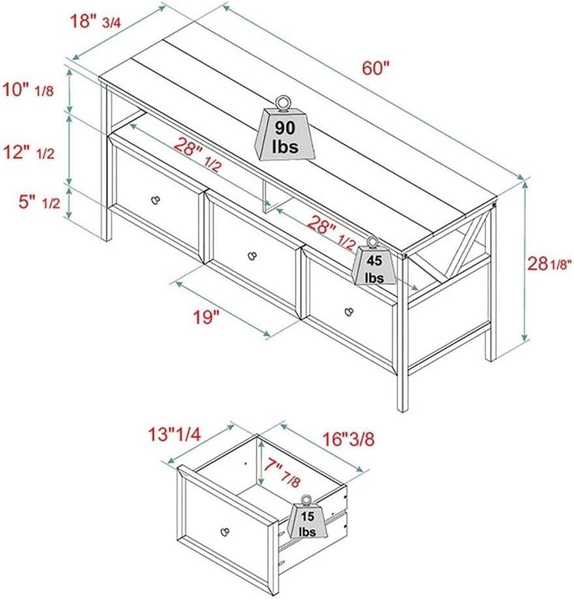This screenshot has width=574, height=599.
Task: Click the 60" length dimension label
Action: pyautogui.click(x=375, y=68)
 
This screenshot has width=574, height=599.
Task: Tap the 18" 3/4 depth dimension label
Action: pyautogui.click(x=96, y=21)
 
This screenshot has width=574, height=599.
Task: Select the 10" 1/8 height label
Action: pyautogui.click(x=28, y=91)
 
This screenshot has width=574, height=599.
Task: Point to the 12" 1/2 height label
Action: pyautogui.click(x=29, y=153)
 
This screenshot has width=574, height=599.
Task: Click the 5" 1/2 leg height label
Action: pyautogui.click(x=39, y=202)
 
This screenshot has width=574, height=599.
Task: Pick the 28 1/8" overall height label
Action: pyautogui.click(x=549, y=264)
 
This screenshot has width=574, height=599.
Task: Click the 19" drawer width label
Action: pyautogui.click(x=207, y=317)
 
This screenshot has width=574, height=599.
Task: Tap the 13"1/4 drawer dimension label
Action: pyautogui.click(x=175, y=435)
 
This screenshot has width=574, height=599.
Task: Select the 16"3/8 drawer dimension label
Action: pyautogui.click(x=348, y=439)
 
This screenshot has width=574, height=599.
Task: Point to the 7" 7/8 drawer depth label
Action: pyautogui.click(x=281, y=473)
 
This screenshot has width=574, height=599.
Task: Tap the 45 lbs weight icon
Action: pyautogui.click(x=374, y=261)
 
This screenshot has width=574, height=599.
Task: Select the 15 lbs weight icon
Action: pyautogui.click(x=307, y=516)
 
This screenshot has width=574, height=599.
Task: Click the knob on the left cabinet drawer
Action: pyautogui.click(x=156, y=199)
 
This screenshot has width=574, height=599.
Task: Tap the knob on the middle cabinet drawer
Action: pyautogui.click(x=252, y=255)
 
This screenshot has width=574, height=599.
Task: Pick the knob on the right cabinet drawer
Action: pyautogui.click(x=348, y=311)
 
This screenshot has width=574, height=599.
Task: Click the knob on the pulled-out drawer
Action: pyautogui.click(x=225, y=531)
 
